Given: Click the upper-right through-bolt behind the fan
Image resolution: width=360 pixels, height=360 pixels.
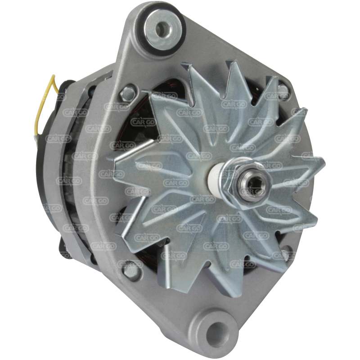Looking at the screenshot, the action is pyautogui.click(x=283, y=91).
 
